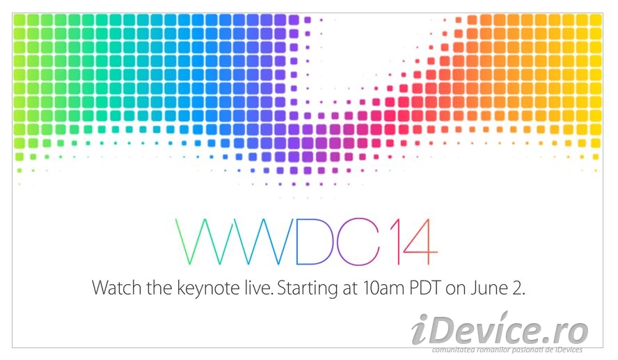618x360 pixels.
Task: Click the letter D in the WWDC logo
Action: tap(311, 241)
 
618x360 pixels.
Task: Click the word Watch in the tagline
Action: tap(117, 288)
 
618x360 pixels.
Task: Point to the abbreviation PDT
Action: tap(425, 288)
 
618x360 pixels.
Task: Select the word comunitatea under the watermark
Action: tap(453, 350)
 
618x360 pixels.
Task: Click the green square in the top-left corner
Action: tap(19, 20)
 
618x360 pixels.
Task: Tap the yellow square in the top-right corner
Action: tap(596, 20)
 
